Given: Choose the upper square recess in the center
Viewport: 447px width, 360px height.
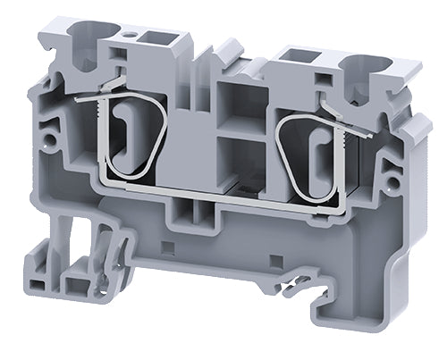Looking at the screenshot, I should (241, 101).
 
